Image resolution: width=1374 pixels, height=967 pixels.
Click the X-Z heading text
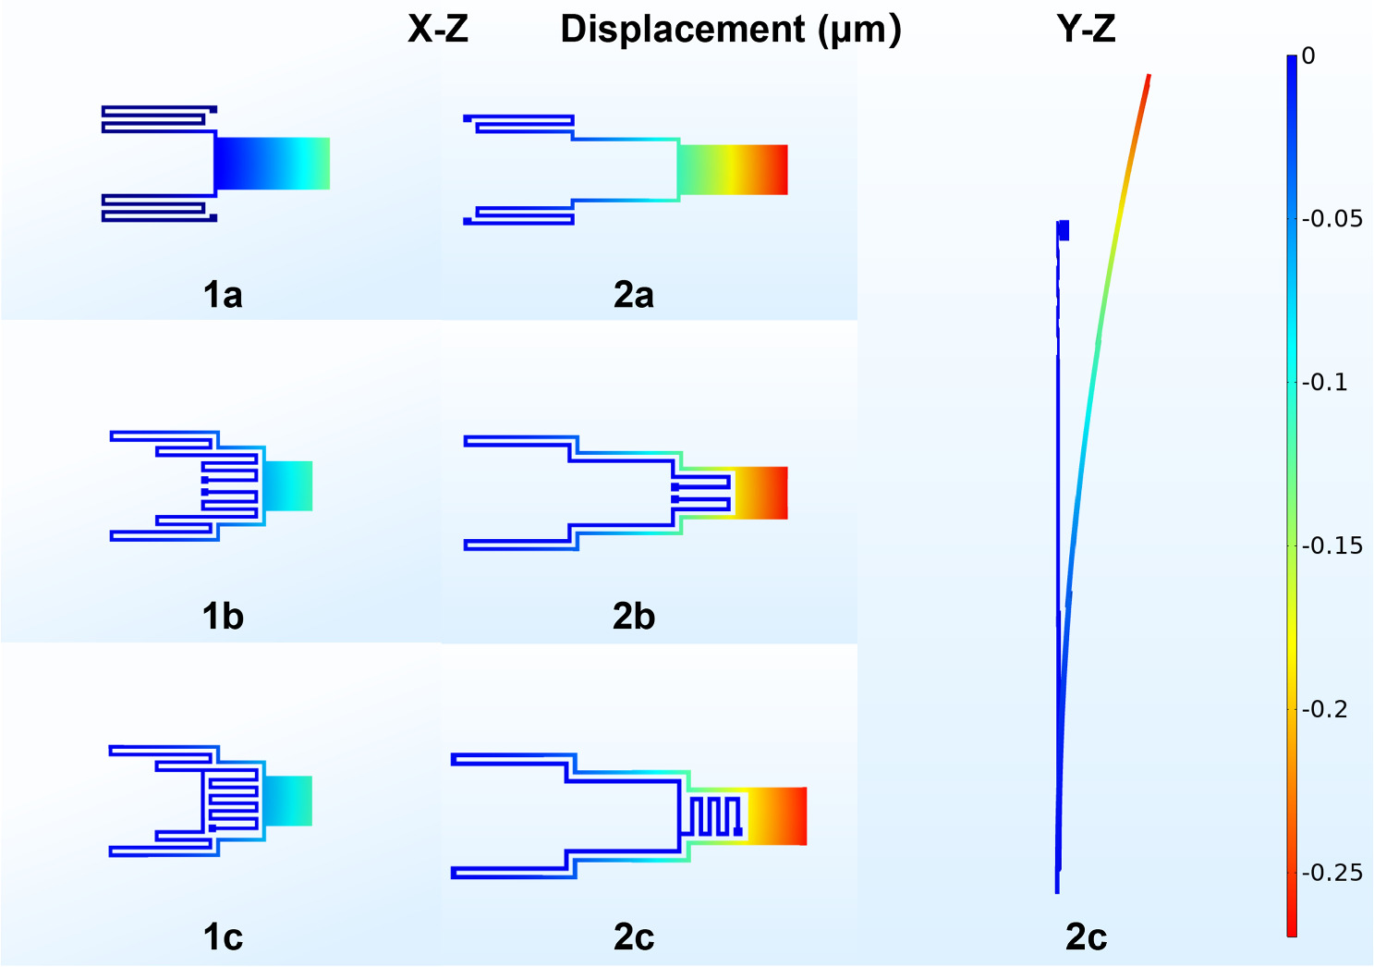click(x=438, y=30)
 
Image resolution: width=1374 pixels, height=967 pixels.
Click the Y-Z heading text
click(x=1086, y=30)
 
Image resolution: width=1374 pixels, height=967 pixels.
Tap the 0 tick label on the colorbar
click(x=1308, y=56)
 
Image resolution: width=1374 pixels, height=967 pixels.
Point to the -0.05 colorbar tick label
click(x=1331, y=219)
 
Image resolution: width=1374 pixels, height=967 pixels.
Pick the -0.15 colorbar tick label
click(x=1331, y=546)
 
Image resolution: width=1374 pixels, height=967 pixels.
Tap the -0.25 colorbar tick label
click(x=1331, y=873)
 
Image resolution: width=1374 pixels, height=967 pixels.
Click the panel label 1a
click(x=223, y=295)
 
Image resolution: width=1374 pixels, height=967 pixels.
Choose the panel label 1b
click(x=223, y=617)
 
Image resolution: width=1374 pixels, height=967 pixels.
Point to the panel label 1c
click(x=223, y=937)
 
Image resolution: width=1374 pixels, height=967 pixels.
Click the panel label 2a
click(x=634, y=295)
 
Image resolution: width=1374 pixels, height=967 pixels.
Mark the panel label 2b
click(x=634, y=617)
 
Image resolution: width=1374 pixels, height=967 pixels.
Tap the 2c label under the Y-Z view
click(x=1086, y=937)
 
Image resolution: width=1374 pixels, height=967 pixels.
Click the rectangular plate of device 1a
click(x=273, y=164)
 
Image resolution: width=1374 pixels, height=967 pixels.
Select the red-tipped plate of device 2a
click(x=733, y=169)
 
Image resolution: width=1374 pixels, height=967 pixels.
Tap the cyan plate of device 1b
click(x=288, y=485)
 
